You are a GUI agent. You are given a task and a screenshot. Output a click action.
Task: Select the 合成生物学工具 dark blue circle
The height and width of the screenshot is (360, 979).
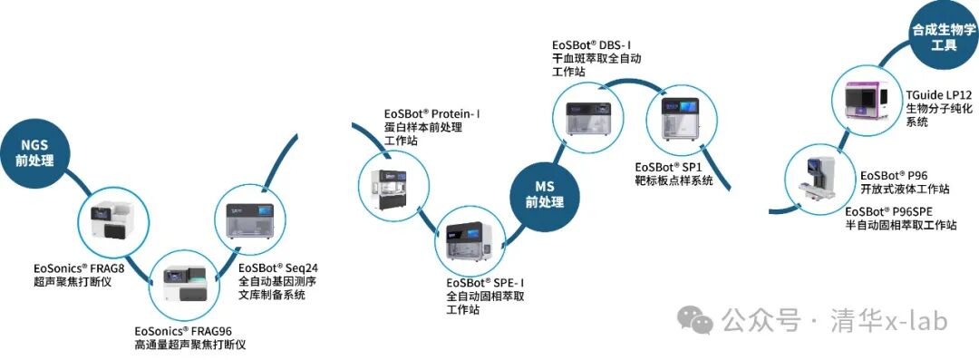[x=944, y=35]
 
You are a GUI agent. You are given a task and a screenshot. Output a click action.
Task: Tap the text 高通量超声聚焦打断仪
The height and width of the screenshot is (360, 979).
[x=189, y=345]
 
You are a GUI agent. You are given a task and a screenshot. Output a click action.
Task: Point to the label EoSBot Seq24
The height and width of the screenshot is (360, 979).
[x=278, y=268]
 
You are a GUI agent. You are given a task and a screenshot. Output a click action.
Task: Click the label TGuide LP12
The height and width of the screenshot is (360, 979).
[x=938, y=94]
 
